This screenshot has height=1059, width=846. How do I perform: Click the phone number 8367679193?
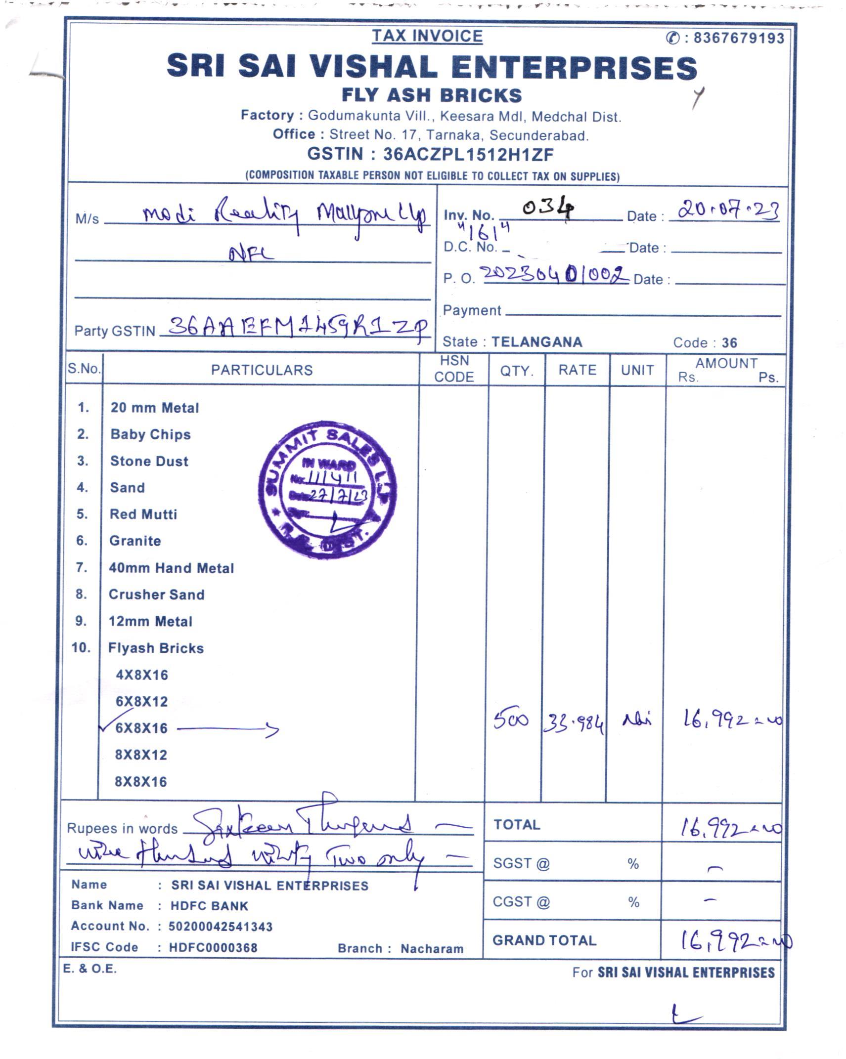[738, 38]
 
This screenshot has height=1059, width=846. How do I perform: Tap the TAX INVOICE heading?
[427, 36]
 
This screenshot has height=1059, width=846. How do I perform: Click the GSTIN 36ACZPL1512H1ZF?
[468, 154]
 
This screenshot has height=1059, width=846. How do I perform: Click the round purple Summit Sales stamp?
[327, 490]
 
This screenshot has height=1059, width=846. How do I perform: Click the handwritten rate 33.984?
[574, 724]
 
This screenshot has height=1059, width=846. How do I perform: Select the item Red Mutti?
[143, 514]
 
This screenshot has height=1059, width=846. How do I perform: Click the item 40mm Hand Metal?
[171, 568]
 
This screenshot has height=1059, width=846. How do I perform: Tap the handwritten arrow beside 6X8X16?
[228, 728]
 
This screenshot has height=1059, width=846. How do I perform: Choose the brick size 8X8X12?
[141, 755]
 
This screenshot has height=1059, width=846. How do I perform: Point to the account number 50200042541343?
[221, 927]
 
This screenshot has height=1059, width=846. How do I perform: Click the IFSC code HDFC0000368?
[213, 947]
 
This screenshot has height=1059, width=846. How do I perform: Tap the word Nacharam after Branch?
[432, 948]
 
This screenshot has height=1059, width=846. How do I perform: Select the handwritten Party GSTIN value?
[297, 327]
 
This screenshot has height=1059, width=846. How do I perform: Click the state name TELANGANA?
[537, 342]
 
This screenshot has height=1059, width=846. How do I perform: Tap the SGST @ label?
[521, 863]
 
